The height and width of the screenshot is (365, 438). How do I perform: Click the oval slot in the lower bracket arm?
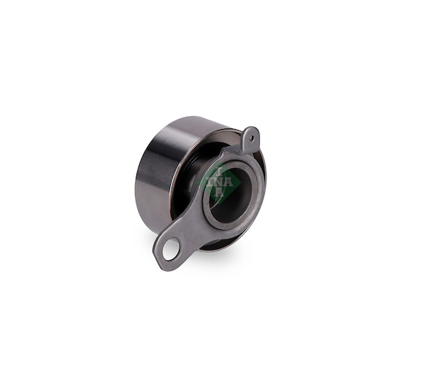pos(172,249)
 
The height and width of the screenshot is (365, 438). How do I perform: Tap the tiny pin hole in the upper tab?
pos(252,137)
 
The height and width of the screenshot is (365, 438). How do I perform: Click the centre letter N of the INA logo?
pos(220,182)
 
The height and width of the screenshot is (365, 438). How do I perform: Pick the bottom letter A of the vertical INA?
pos(220,192)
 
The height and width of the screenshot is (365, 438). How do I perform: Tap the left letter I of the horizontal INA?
pos(210,182)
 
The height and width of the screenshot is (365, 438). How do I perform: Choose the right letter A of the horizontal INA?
pos(228,182)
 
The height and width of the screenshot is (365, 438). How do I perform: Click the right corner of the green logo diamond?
pos(242,183)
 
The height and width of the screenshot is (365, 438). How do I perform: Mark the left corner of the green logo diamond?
pos(199,183)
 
